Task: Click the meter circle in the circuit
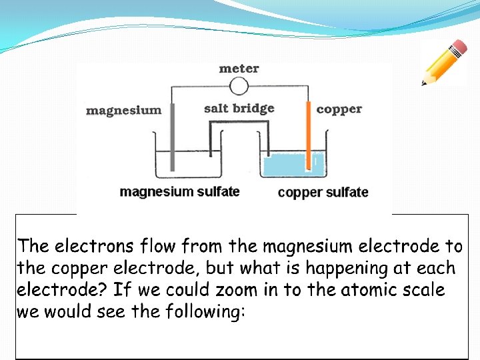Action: pos(239,86)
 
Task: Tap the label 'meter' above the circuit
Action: pos(239,68)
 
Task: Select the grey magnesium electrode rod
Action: pos(173,137)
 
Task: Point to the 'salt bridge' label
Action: pos(239,108)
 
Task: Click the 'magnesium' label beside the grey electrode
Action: pos(123,110)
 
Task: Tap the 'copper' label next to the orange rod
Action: pos(339,109)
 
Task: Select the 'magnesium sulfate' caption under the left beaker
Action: pos(179,192)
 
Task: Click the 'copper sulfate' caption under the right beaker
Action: pos(323,193)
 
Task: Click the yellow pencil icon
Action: pos(443,63)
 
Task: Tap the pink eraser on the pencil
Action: pos(459,47)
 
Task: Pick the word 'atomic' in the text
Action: pos(364,291)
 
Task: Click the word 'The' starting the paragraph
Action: pos(33,247)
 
